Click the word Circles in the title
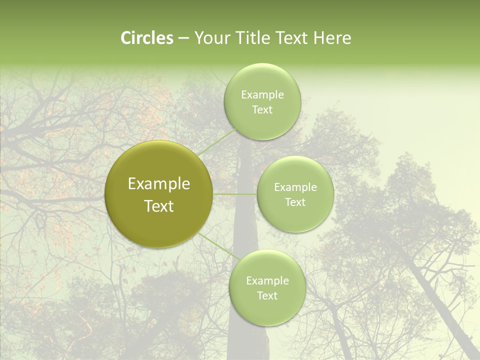click(147, 38)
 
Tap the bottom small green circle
click(267, 310)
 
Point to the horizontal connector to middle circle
click(234, 194)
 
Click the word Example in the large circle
click(159, 184)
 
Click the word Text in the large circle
click(159, 206)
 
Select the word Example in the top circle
click(262, 95)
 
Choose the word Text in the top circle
click(262, 110)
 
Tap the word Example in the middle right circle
click(295, 187)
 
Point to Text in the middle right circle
click(295, 202)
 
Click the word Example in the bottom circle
click(267, 281)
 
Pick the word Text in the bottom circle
click(267, 296)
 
